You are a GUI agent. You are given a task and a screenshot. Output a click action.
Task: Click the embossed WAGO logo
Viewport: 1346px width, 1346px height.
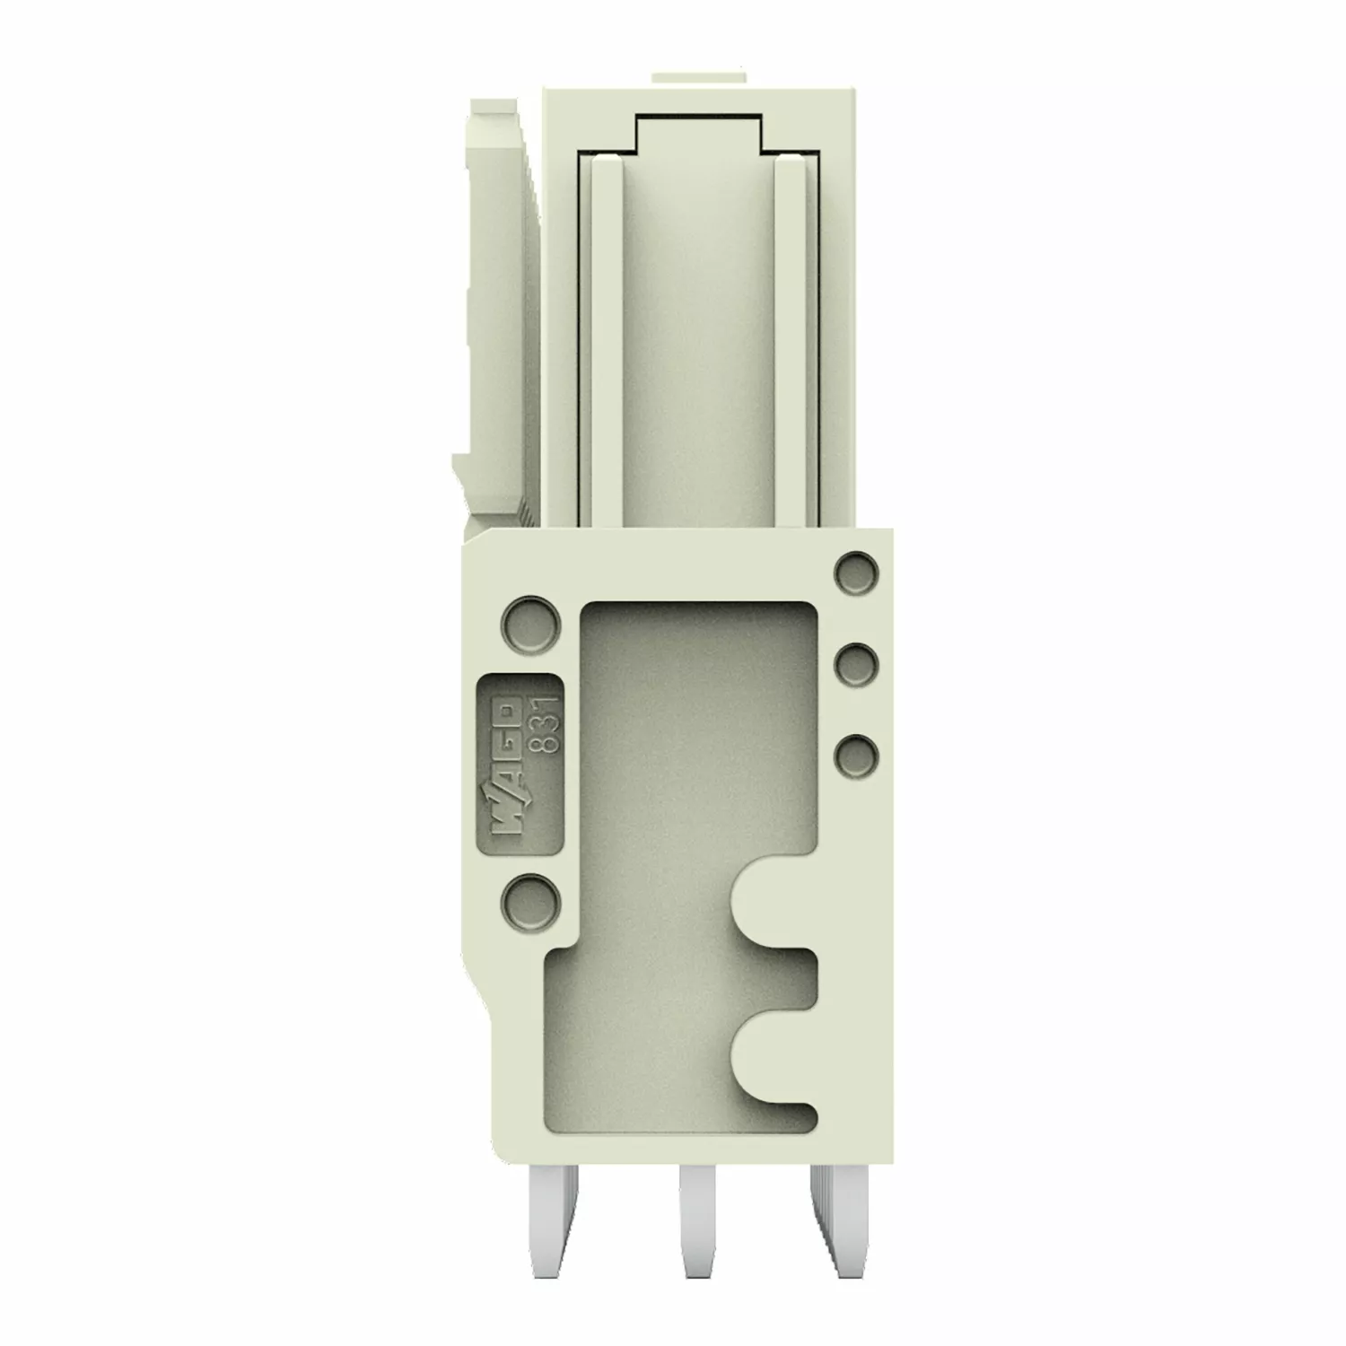click(508, 773)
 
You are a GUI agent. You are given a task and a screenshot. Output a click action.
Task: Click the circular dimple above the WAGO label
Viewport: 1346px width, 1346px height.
click(529, 621)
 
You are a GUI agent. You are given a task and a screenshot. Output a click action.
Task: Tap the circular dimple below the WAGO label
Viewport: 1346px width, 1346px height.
click(529, 899)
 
